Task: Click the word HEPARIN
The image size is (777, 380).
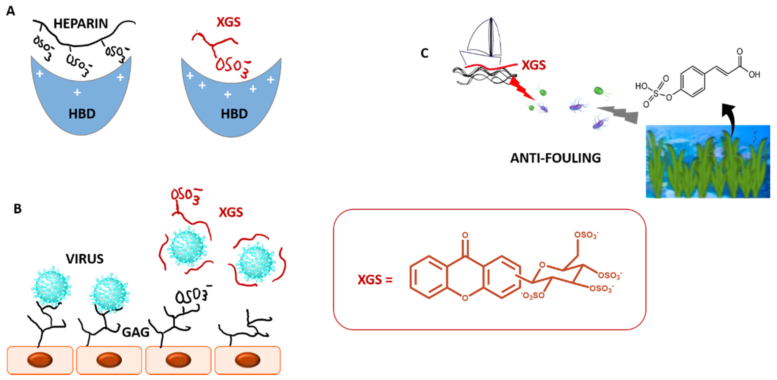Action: point(81,24)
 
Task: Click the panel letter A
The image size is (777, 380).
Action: point(10,11)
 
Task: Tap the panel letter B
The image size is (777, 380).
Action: point(17,209)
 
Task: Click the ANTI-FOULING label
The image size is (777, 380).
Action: point(555,158)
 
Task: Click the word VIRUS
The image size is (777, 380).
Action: point(85,259)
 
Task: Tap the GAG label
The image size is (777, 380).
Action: point(136,333)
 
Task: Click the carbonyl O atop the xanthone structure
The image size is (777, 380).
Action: point(465,235)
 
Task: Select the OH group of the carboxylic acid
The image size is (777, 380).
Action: point(754,75)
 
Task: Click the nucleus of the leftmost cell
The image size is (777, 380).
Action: point(40,360)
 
